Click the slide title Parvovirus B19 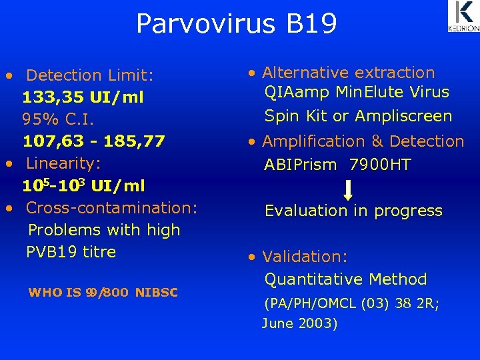[x=237, y=23]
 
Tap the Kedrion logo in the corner [x=463, y=17]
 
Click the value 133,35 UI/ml [x=83, y=97]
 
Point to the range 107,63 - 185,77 [x=93, y=141]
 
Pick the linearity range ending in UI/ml [x=83, y=185]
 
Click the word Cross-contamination [x=111, y=207]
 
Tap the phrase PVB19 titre [x=71, y=252]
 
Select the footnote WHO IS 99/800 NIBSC [x=103, y=292]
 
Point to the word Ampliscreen [x=403, y=116]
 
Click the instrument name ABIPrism [x=300, y=165]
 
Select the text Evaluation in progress [x=353, y=211]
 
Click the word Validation [x=304, y=257]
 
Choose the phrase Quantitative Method [x=345, y=279]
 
